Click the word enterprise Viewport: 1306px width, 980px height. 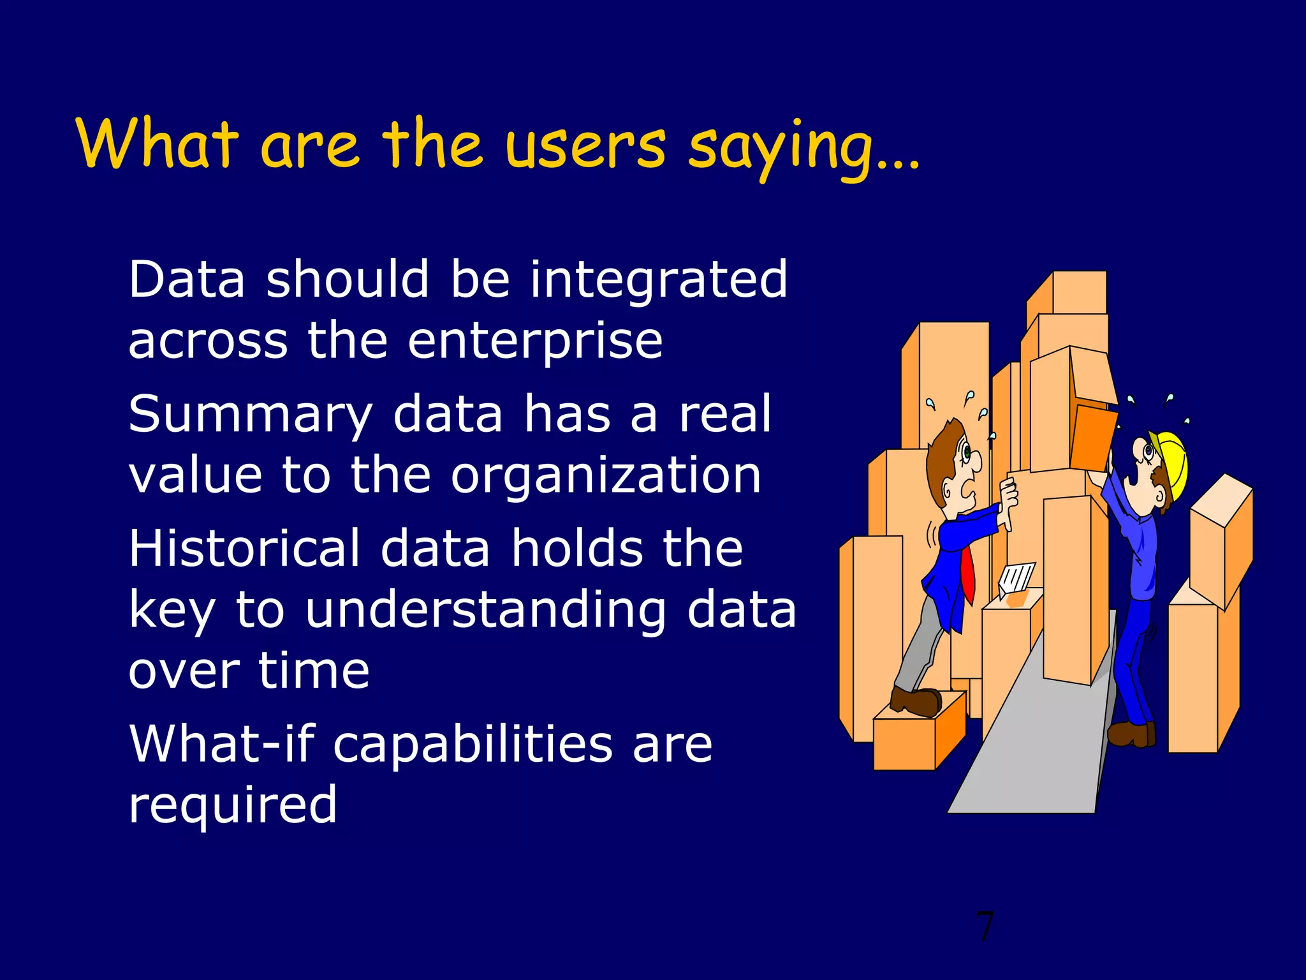[535, 341]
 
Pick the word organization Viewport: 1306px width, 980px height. [606, 475]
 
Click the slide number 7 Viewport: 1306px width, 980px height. [985, 926]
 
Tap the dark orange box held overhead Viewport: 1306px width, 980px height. [1093, 438]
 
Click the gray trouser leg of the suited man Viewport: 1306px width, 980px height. [918, 644]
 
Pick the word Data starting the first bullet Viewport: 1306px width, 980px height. [187, 280]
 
